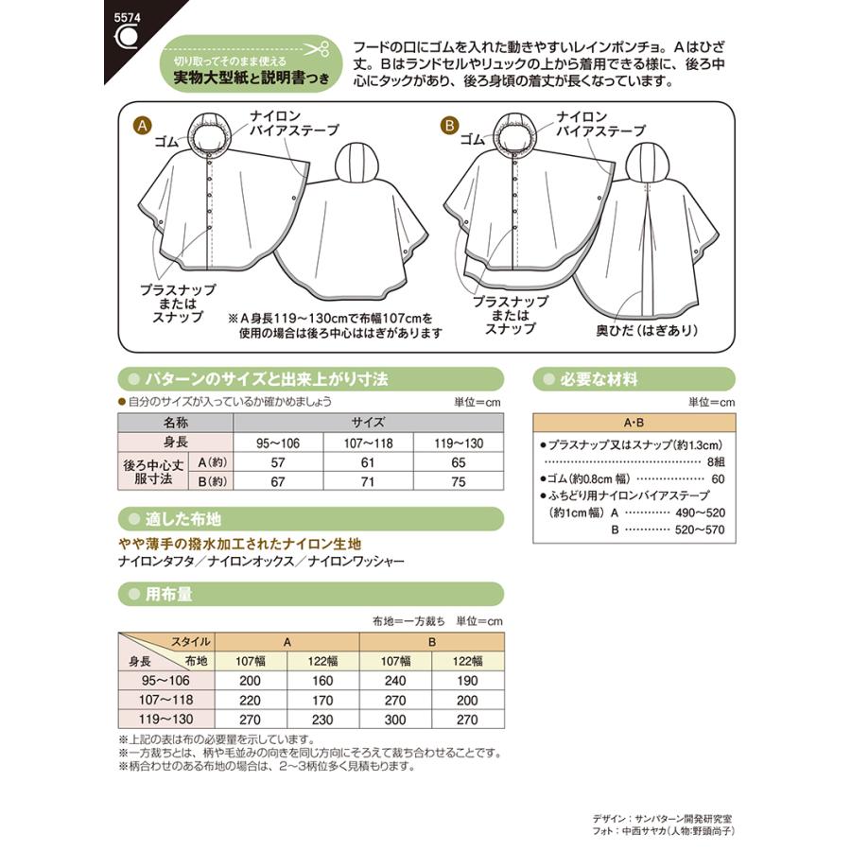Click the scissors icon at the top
(319, 48)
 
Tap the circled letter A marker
(143, 126)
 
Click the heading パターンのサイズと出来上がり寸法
(254, 380)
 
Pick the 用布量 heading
(169, 595)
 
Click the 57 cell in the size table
(278, 462)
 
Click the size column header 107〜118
(369, 443)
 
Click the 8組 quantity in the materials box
(719, 460)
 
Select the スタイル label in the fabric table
(191, 641)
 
